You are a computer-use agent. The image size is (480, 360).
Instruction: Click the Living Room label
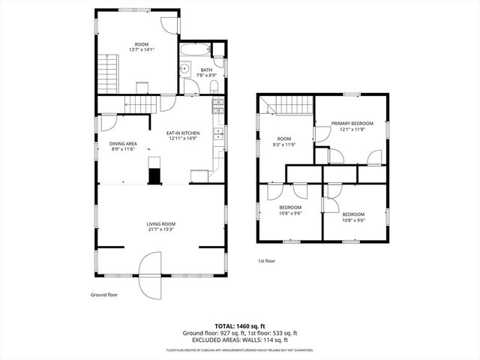[x=160, y=223]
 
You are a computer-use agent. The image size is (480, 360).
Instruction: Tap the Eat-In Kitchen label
[x=183, y=133]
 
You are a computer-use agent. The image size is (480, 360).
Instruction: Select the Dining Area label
[x=123, y=143]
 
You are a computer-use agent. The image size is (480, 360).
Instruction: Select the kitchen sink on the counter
[x=217, y=135]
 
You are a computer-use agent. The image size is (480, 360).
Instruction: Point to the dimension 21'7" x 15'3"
[x=160, y=229]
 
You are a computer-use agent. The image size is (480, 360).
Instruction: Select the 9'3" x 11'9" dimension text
[x=283, y=144]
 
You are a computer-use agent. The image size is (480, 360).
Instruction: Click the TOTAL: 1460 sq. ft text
[x=240, y=326]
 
